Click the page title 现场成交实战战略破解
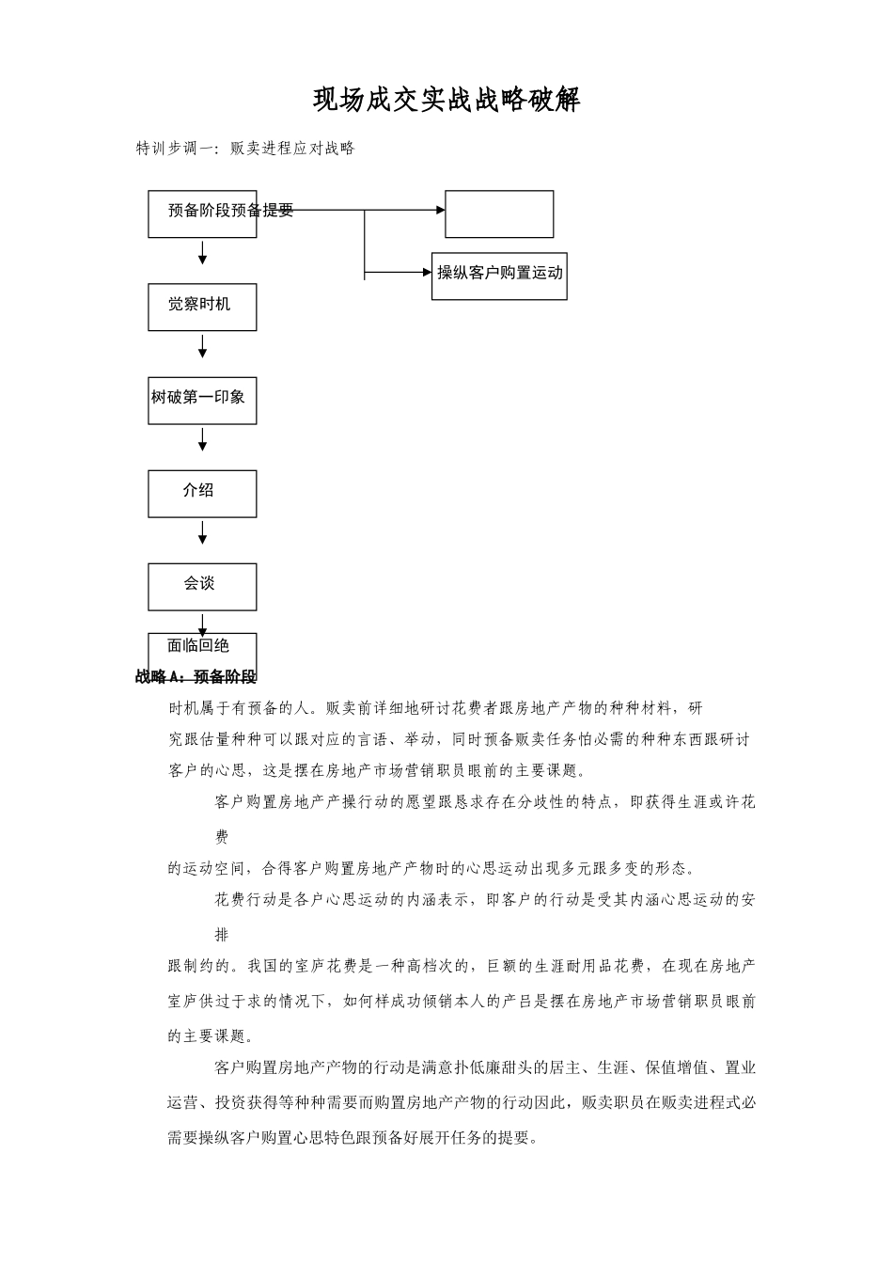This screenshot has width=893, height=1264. [446, 100]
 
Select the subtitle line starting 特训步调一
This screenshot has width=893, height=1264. [245, 149]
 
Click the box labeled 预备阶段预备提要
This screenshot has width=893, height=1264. [202, 213]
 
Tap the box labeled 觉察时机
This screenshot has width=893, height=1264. [202, 307]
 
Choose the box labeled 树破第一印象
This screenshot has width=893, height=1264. [202, 400]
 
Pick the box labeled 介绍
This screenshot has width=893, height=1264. [202, 493]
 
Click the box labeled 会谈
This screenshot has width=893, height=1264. [202, 586]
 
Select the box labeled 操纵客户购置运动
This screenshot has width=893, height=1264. [499, 275]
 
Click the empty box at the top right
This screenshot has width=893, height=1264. [499, 213]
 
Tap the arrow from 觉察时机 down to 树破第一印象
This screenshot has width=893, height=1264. [202, 348]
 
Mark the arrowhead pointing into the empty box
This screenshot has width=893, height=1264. [440, 211]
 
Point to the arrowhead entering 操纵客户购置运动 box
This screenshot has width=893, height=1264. [427, 273]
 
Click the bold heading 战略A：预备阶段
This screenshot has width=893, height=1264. [196, 676]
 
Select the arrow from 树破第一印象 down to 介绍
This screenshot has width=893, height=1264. [202, 440]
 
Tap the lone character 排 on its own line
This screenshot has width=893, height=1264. [222, 935]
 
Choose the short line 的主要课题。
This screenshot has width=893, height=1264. [210, 1035]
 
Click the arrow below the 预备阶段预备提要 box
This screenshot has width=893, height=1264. [202, 252]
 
